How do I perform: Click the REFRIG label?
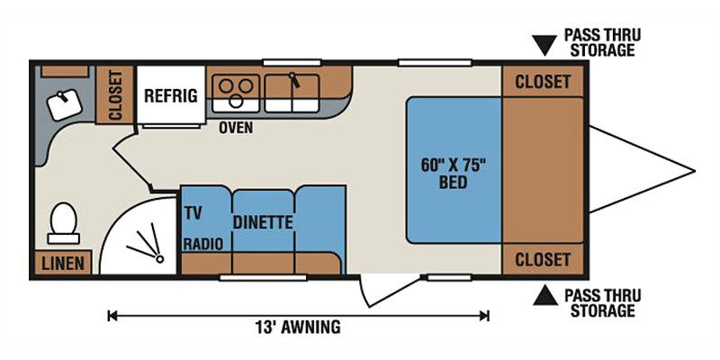(x=171, y=95)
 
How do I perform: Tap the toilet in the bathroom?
(x=63, y=223)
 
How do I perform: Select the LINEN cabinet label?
(x=63, y=263)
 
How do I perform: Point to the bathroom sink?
(x=65, y=104)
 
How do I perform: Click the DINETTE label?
(x=263, y=222)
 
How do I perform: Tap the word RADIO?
(x=203, y=244)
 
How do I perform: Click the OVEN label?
(x=236, y=128)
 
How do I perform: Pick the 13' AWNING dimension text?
(x=298, y=328)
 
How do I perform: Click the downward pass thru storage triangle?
(x=545, y=46)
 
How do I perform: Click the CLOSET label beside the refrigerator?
(x=115, y=95)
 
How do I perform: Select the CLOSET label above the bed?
(x=543, y=82)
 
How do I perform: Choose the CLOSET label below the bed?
(x=543, y=259)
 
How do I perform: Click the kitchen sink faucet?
(x=294, y=80)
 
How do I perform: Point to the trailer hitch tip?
(x=694, y=172)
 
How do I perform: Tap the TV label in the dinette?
(x=193, y=213)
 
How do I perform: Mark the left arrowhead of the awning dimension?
(x=110, y=316)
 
